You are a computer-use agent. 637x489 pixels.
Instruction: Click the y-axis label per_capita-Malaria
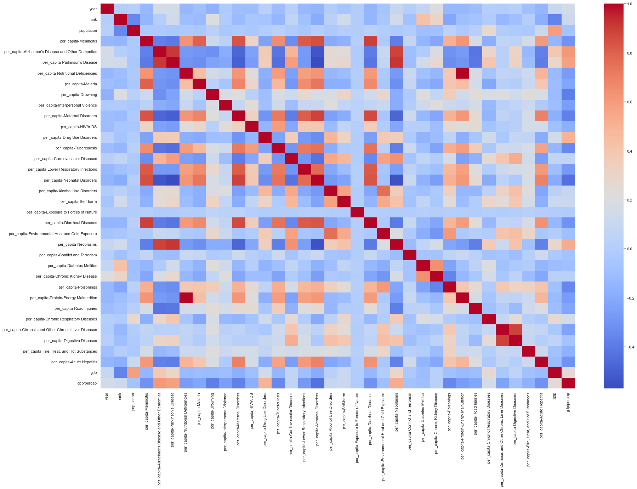tap(81, 84)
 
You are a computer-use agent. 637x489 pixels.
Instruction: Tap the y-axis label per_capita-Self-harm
tap(79, 201)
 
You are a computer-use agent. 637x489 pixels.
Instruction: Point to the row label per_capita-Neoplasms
tap(77, 244)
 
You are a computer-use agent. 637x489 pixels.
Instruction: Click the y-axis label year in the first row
tap(93, 9)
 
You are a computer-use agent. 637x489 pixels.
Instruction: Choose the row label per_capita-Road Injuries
tap(75, 308)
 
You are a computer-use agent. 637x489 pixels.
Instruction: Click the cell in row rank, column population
tap(133, 20)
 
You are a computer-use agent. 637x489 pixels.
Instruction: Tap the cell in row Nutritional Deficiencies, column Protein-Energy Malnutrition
tap(462, 73)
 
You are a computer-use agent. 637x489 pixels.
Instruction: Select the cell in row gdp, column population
tap(133, 373)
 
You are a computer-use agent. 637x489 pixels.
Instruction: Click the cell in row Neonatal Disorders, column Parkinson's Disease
tap(172, 180)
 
